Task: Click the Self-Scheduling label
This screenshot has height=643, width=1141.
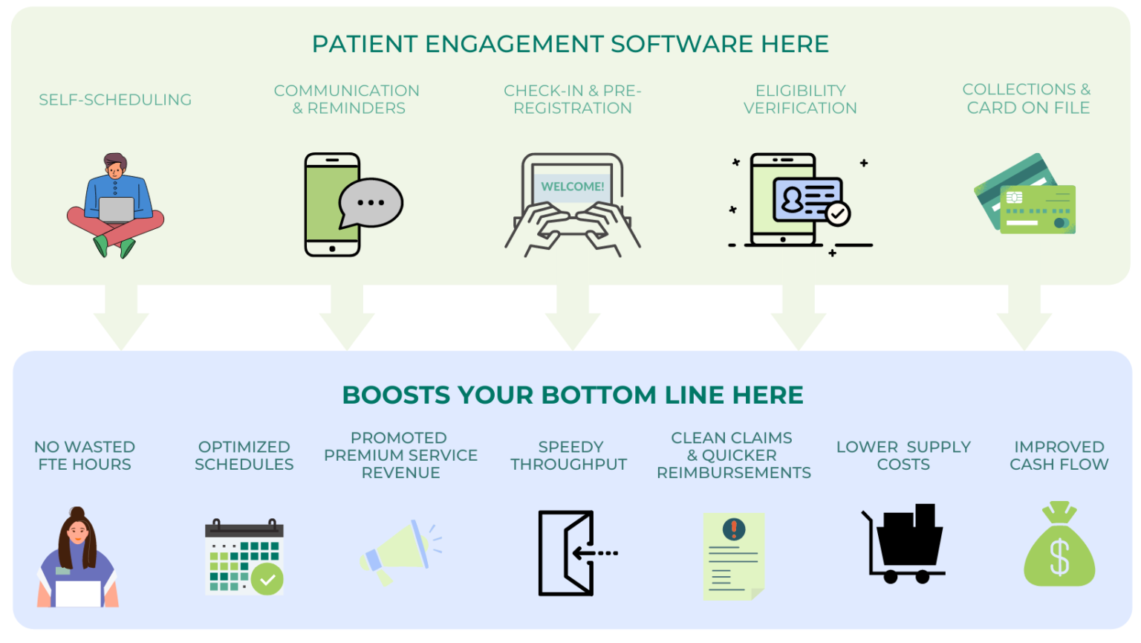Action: click(115, 100)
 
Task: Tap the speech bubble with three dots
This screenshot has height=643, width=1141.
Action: click(370, 202)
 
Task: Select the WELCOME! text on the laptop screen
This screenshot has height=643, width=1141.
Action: click(572, 187)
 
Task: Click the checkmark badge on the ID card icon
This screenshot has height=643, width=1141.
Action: click(838, 214)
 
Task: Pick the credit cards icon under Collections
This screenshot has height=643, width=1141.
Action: click(1026, 196)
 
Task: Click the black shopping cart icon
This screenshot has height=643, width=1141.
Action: click(903, 543)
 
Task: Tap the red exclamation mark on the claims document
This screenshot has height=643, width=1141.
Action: click(734, 529)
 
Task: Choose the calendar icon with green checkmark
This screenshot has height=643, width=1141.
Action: click(244, 558)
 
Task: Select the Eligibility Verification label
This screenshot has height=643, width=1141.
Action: click(800, 100)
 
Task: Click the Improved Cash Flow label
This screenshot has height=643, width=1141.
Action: click(1059, 456)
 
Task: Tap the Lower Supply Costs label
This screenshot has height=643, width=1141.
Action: click(903, 456)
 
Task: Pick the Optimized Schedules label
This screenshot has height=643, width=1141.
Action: click(244, 456)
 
